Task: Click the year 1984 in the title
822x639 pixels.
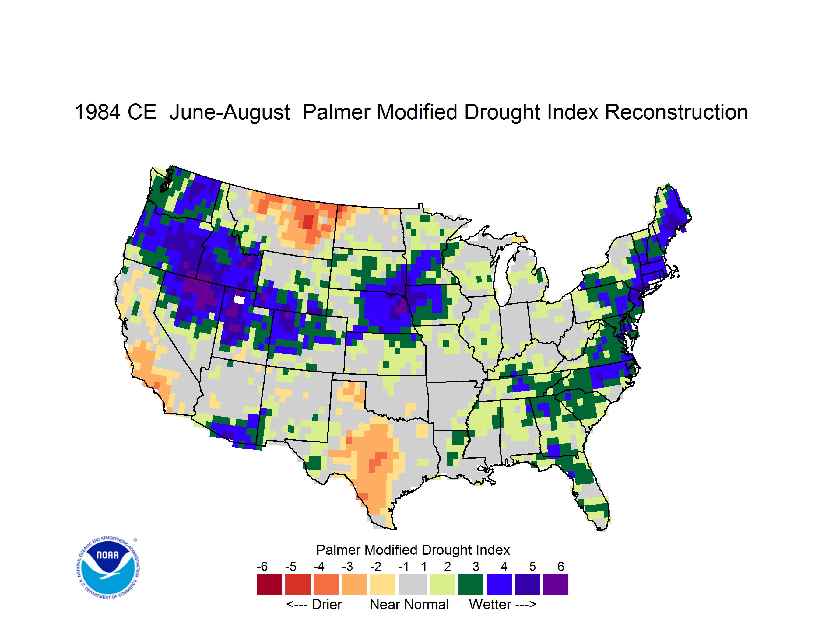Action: tap(97, 112)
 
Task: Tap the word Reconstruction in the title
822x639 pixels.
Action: tap(676, 112)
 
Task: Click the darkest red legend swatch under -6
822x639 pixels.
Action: tap(269, 585)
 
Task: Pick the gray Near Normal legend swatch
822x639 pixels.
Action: tap(413, 585)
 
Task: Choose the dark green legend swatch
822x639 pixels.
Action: tap(470, 585)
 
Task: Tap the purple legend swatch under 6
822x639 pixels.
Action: tap(556, 585)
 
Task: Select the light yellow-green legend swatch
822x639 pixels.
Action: tap(442, 585)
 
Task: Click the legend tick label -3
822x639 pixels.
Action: tap(347, 566)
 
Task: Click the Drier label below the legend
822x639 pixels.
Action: tap(327, 604)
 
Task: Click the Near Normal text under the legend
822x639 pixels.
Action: tap(409, 604)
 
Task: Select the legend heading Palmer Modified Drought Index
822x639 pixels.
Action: tap(413, 550)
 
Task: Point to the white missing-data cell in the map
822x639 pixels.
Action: tap(239, 300)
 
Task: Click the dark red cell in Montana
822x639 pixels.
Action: tap(308, 222)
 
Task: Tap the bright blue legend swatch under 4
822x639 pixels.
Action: tap(499, 585)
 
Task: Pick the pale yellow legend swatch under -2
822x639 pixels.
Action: tap(383, 585)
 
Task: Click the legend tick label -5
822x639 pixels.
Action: tap(290, 566)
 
